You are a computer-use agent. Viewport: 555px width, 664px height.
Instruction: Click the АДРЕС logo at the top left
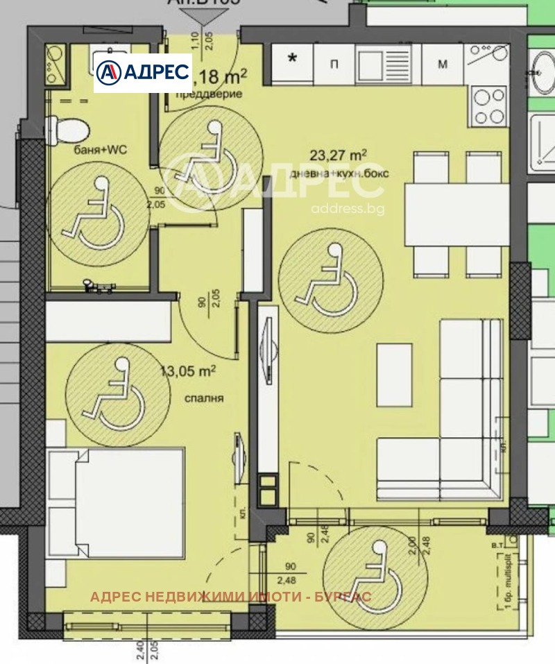click(142, 72)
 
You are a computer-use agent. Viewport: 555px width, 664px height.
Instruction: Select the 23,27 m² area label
click(339, 156)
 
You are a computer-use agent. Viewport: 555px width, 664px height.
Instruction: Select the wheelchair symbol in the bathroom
click(97, 215)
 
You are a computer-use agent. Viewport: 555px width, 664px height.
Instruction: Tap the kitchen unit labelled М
click(442, 65)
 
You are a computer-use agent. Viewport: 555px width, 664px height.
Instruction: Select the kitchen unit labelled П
click(334, 65)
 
